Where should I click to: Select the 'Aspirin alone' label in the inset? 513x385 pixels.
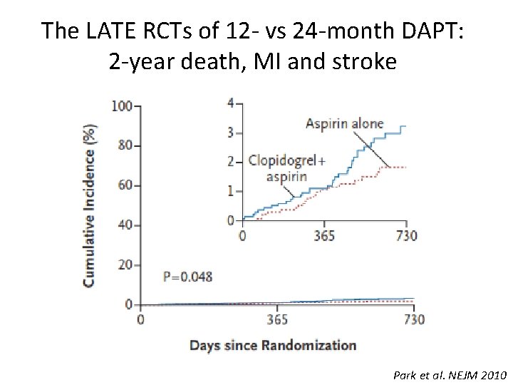click(344, 123)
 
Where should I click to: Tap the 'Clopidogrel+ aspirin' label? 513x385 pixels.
click(285, 168)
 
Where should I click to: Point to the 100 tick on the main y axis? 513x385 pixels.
click(122, 106)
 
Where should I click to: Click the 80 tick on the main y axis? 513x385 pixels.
click(125, 145)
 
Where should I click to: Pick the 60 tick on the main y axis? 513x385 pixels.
click(125, 185)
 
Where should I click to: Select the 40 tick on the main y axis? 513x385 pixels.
click(125, 225)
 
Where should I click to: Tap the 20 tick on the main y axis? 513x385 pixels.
click(125, 265)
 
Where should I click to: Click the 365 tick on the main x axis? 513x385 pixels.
click(277, 319)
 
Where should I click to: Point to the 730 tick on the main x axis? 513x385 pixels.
click(414, 319)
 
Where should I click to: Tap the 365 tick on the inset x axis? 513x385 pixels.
click(324, 235)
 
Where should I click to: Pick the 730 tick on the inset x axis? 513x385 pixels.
click(406, 235)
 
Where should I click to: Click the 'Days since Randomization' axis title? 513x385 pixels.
click(273, 346)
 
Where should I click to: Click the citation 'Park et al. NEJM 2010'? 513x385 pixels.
click(449, 374)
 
